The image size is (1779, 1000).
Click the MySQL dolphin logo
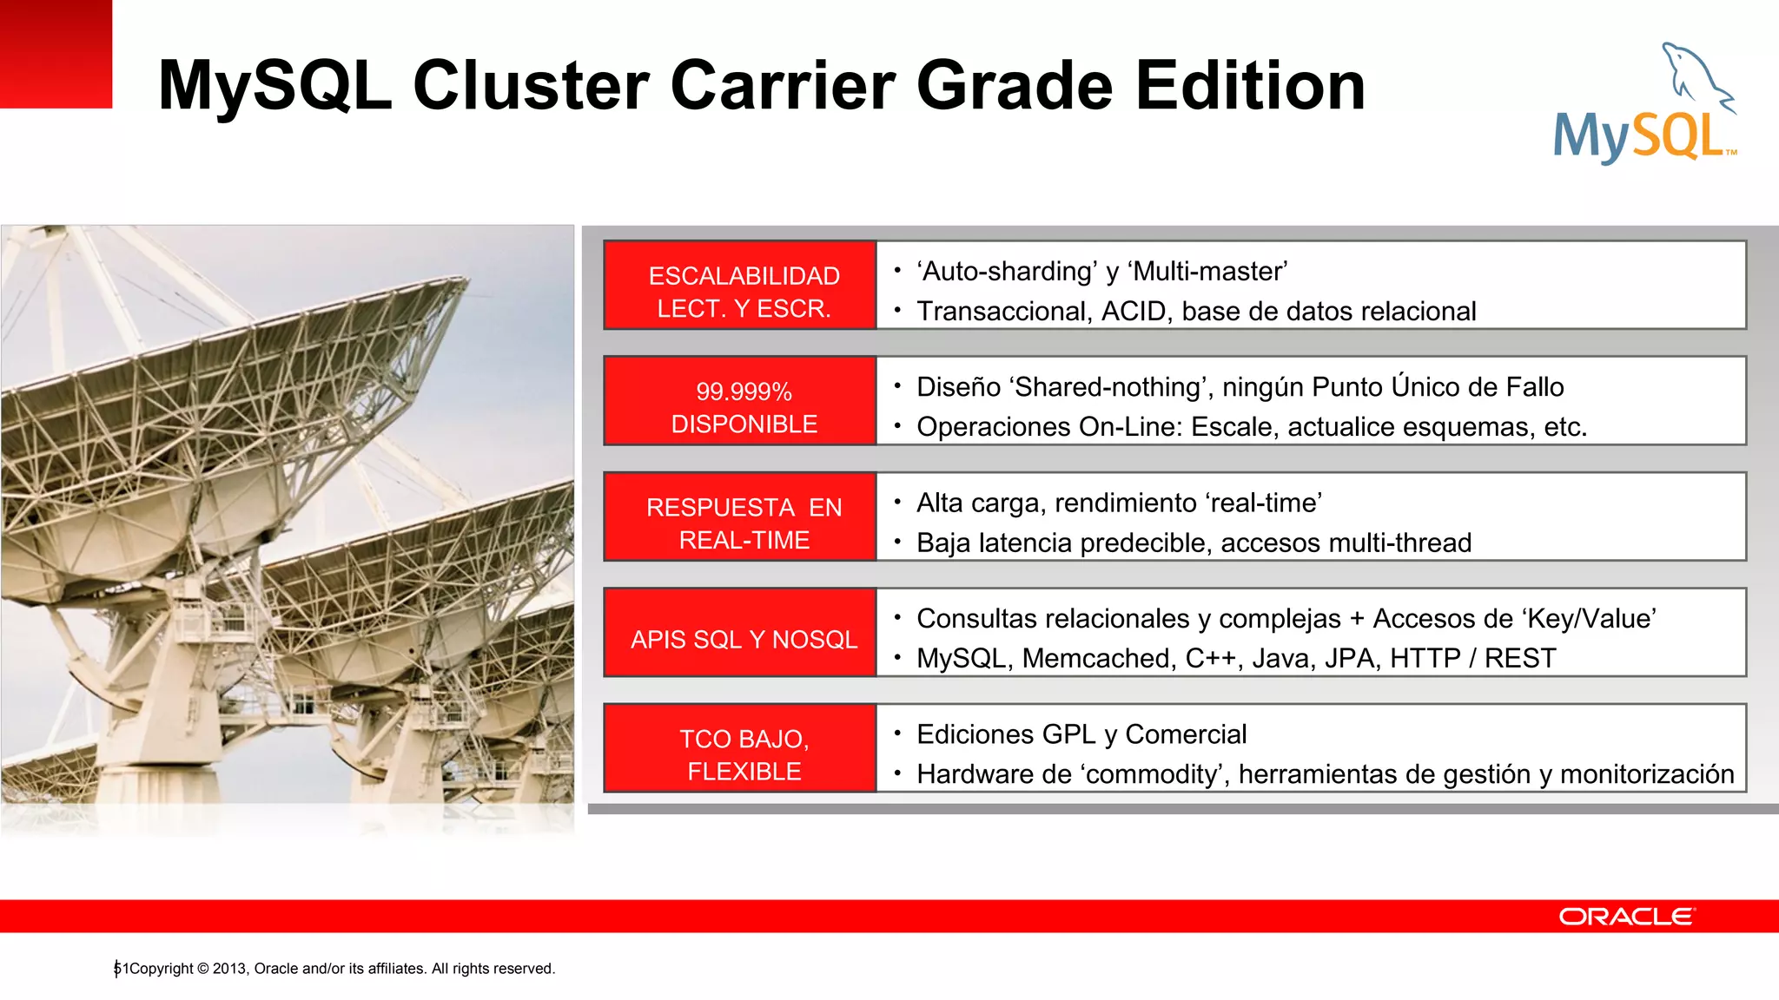click(x=1644, y=104)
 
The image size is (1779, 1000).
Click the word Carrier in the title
click(x=782, y=86)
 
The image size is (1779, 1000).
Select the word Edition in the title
click(x=1250, y=86)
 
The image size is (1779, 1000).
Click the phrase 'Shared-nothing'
click(x=1107, y=387)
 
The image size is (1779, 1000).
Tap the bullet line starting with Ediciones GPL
click(x=1081, y=734)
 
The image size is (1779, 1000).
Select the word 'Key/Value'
click(x=1588, y=619)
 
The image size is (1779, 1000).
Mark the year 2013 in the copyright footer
click(x=228, y=969)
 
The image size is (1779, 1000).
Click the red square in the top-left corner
click(x=56, y=54)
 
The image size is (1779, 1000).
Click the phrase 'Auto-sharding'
click(x=1007, y=272)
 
